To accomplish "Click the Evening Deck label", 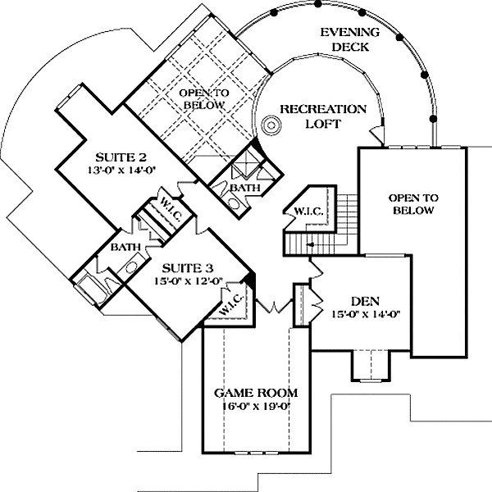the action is (x=350, y=39).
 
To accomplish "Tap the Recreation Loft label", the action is (x=323, y=116).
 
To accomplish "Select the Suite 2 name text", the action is (x=121, y=157).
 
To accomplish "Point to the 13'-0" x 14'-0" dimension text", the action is (x=121, y=170).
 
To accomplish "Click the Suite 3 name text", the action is (x=188, y=268).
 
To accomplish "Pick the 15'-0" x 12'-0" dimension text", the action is (x=189, y=281).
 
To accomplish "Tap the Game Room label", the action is (x=256, y=393).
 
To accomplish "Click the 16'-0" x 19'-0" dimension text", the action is (x=256, y=407).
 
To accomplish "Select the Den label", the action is (x=365, y=301).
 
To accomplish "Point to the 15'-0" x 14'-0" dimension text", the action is (x=366, y=314).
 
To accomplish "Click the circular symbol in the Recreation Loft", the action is (x=271, y=125).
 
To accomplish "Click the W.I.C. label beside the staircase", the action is (x=309, y=212).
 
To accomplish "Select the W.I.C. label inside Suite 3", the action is (x=231, y=304).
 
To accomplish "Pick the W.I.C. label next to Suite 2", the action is (x=171, y=208).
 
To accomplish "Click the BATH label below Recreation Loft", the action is (x=245, y=188).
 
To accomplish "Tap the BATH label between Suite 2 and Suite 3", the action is (x=125, y=248).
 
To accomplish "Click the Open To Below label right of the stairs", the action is (x=413, y=204).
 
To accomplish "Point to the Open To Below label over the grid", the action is (x=204, y=99).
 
